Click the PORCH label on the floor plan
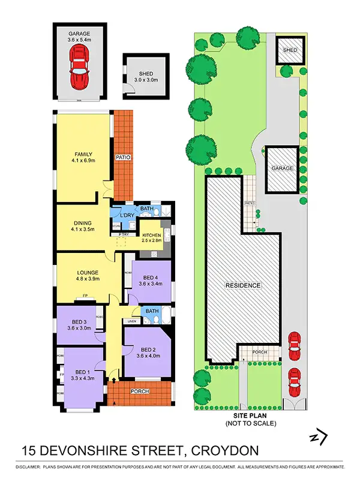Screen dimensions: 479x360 [139, 391]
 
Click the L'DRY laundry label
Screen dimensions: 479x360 [127, 215]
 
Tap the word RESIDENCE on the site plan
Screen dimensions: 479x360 [243, 285]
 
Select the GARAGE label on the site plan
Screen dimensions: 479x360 [283, 168]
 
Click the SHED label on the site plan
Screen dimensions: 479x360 [290, 51]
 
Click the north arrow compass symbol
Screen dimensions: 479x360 [319, 437]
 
